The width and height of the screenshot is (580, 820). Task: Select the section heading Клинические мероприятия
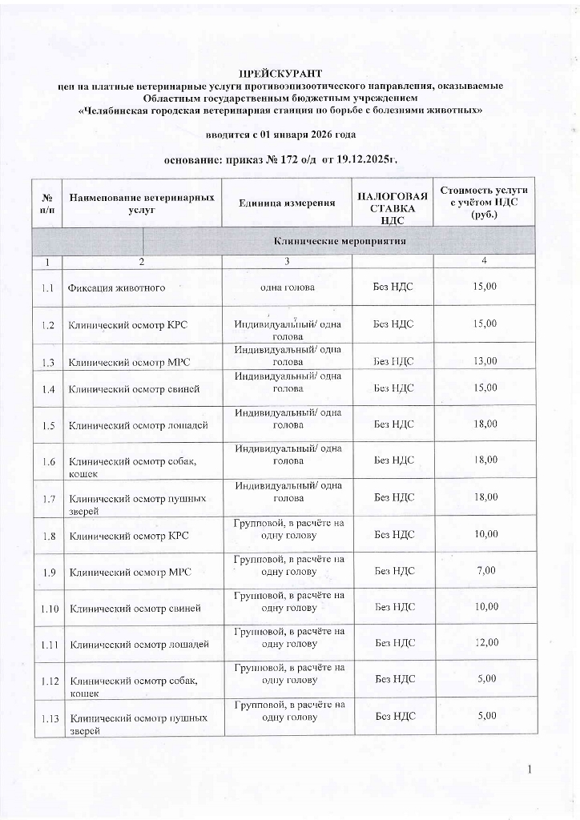(340, 240)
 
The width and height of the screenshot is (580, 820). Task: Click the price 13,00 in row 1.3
(485, 361)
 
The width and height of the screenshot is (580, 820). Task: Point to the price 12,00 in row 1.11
(485, 642)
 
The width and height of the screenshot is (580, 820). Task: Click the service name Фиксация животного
(117, 287)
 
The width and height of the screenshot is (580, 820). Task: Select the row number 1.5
(49, 424)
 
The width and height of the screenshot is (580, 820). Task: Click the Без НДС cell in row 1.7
(394, 497)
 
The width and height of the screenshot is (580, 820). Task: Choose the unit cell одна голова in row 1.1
(287, 287)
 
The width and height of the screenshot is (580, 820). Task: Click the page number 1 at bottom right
(530, 770)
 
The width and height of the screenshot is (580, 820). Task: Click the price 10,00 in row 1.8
(485, 534)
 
